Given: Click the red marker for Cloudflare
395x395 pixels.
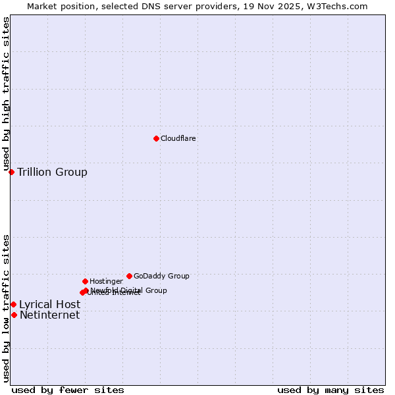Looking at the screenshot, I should point(156,138).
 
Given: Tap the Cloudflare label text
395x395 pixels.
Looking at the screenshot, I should point(178,138).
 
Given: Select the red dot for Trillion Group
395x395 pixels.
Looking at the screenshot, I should point(11,172).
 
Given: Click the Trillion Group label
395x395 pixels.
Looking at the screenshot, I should point(52,172).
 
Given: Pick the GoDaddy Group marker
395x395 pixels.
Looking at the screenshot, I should point(129,276).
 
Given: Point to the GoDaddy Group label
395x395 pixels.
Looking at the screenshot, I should point(161,276).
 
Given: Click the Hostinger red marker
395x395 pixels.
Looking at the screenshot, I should point(85,281).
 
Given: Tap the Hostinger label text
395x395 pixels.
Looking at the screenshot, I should point(106,281).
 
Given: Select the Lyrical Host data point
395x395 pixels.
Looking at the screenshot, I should point(13,304).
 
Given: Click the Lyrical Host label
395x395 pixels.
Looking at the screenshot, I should point(49,304).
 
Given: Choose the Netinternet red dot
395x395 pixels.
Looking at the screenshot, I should point(14,315).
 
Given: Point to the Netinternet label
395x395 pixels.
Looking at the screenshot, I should point(49,315).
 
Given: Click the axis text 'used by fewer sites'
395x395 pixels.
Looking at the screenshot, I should point(68,390).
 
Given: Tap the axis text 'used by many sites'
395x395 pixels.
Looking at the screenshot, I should point(330,390).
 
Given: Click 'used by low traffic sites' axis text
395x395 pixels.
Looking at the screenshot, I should point(6,307).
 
